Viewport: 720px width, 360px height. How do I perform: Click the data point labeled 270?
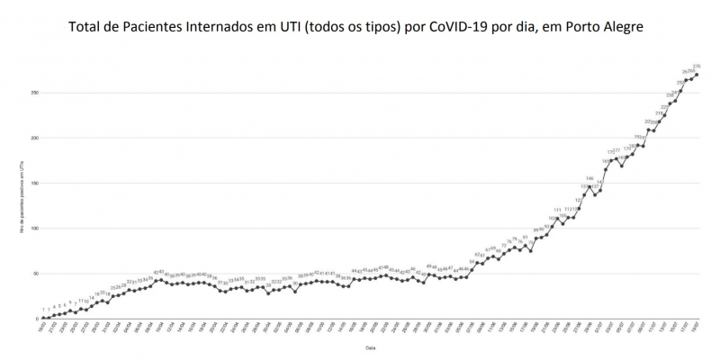(x=697, y=75)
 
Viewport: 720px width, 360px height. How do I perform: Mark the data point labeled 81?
(x=525, y=245)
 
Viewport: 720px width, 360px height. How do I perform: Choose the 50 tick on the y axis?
(x=35, y=273)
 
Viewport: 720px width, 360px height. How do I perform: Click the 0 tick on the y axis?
(x=37, y=318)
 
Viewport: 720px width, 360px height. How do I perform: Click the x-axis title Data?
(x=371, y=346)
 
